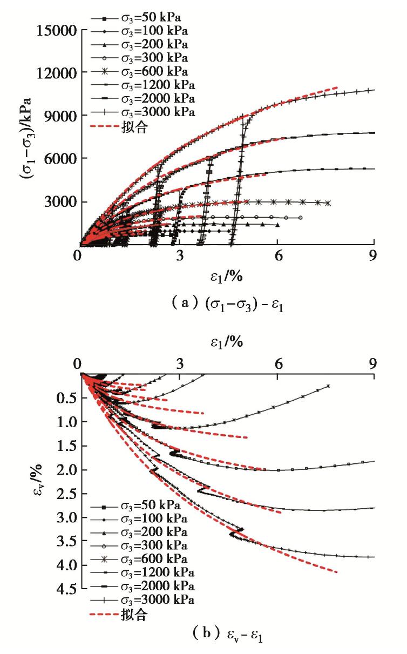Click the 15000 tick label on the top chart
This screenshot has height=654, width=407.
[x=55, y=29]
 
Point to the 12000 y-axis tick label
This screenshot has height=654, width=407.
[x=55, y=72]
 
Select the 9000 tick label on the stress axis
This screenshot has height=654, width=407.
[x=58, y=116]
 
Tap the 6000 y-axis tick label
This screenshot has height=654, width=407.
[x=58, y=159]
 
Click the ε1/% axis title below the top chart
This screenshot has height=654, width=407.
[x=226, y=278]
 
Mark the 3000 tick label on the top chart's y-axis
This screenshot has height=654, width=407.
[x=58, y=202]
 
